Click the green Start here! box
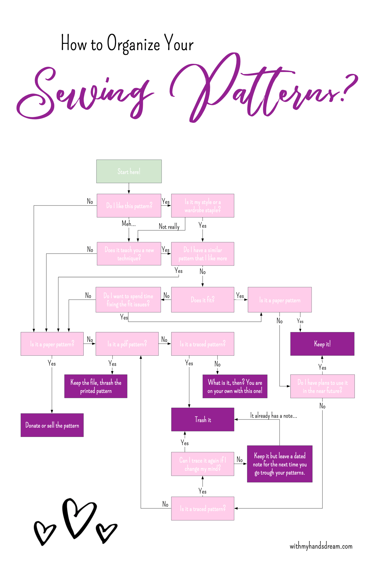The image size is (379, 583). point(129,171)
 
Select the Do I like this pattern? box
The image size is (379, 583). point(129,206)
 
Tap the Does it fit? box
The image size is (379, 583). point(203,300)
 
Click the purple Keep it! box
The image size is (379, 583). point(322,344)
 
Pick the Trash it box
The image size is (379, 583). point(203,419)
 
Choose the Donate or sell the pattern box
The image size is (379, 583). point(52,425)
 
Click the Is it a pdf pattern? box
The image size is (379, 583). point(127,344)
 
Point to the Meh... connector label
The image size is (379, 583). point(129,224)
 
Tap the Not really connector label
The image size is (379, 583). point(169,226)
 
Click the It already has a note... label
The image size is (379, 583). point(273,416)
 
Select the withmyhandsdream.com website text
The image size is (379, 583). point(321,546)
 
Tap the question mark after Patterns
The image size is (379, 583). point(348,87)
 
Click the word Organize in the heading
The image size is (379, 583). point(134,44)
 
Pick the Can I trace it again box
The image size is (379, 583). point(203,464)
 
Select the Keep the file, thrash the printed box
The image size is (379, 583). point(96,386)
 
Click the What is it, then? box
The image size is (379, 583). point(235,386)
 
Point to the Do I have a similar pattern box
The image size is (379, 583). point(203,254)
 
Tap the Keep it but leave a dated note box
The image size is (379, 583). point(280,464)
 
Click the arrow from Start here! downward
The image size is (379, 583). point(129,188)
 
